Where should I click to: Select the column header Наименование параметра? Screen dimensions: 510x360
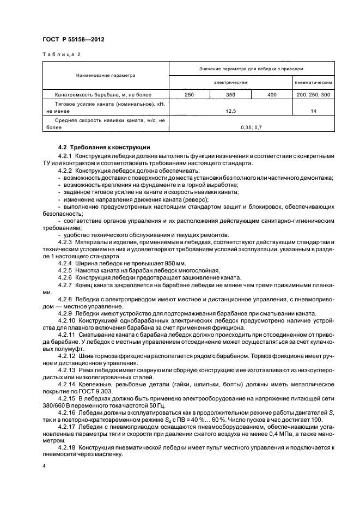coord(106,75)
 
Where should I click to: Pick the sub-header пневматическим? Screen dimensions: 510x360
coord(314,82)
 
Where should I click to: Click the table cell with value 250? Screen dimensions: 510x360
coord(190,95)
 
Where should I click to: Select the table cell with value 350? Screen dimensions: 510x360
coord(230,95)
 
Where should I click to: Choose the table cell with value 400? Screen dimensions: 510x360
coord(272,95)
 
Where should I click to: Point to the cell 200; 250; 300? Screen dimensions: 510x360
coord(314,95)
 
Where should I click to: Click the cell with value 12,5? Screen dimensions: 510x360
coord(231,110)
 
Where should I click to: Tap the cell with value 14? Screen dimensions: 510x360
coord(314,110)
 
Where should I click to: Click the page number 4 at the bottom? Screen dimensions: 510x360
coord(45,467)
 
